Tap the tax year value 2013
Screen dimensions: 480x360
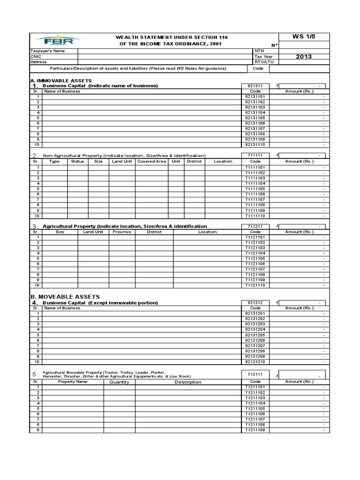[x=304, y=57]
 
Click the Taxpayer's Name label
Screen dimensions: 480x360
[x=48, y=51]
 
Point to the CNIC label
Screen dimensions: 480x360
[x=36, y=56]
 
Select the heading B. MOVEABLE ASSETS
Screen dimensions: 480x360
[x=65, y=297]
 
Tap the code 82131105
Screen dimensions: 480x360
[x=255, y=118]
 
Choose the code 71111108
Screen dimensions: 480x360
[x=255, y=205]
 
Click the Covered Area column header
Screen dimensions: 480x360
[x=151, y=161]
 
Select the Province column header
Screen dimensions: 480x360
[x=121, y=232]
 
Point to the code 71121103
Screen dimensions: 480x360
[x=255, y=248]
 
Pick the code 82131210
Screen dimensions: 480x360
[x=255, y=362]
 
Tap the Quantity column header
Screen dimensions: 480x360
[x=119, y=382]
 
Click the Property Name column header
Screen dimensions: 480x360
[x=73, y=382]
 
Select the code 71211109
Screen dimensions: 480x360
[x=255, y=430]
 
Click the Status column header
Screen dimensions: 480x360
[x=77, y=161]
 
